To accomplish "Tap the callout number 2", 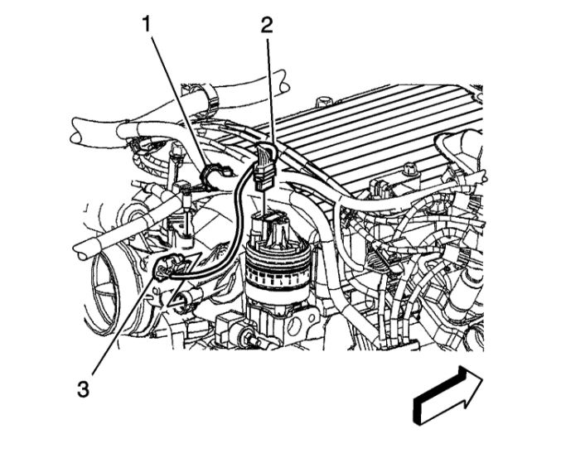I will coord(266,24).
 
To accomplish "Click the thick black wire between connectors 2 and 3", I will coord(235,215).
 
